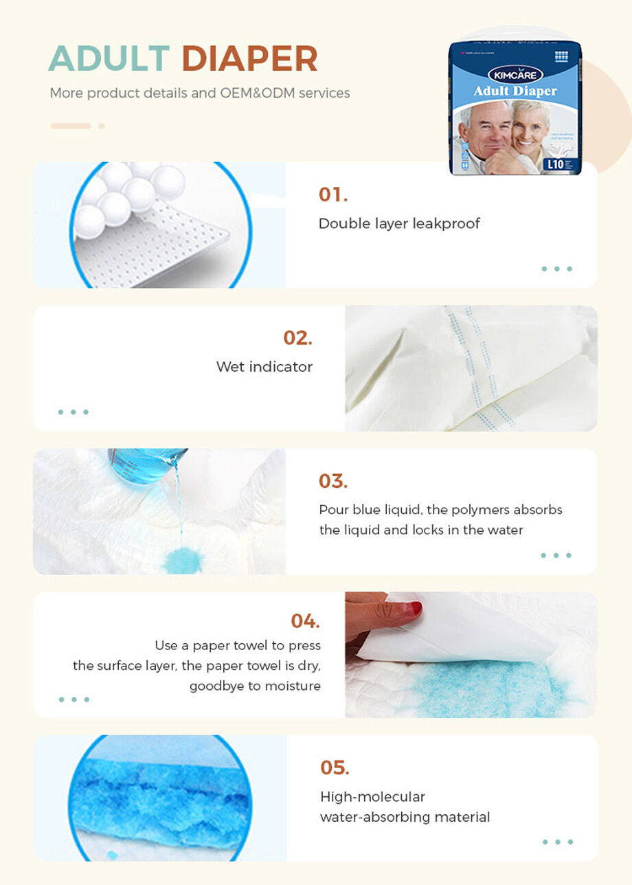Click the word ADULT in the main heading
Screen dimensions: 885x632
click(x=109, y=58)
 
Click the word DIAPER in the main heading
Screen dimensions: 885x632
click(x=249, y=58)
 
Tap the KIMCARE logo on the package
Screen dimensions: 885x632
click(x=515, y=74)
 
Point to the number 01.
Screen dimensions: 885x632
click(x=333, y=194)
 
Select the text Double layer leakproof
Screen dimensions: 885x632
click(x=399, y=223)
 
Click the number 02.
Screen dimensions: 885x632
click(x=297, y=338)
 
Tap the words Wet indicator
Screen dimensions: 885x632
click(x=264, y=367)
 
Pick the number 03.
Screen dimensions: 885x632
click(x=333, y=481)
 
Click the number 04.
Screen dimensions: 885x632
click(x=305, y=621)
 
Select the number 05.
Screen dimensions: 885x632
click(x=335, y=768)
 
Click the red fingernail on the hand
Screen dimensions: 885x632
click(x=414, y=608)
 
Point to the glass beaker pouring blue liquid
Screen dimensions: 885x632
click(x=146, y=464)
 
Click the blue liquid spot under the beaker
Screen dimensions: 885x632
click(x=182, y=560)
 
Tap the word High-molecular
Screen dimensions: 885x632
click(x=372, y=797)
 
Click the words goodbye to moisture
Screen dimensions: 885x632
click(x=255, y=686)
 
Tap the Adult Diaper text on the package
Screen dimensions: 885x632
click(x=515, y=91)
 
